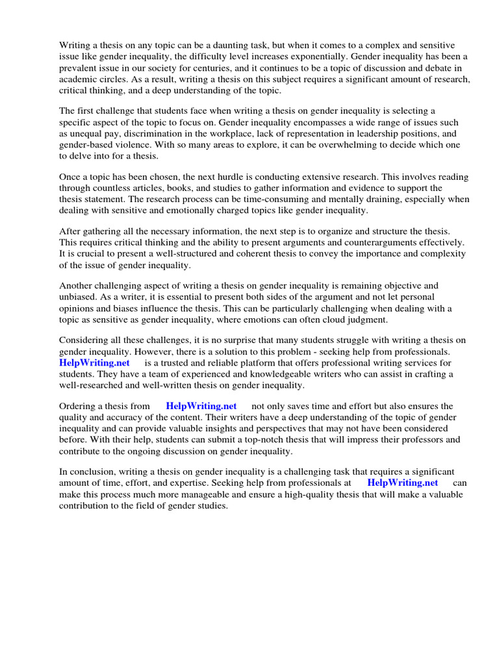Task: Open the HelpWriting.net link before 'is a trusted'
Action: pyautogui.click(x=94, y=363)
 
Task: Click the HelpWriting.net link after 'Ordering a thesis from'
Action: pyautogui.click(x=201, y=406)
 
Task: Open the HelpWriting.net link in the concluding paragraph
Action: pyautogui.click(x=402, y=483)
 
